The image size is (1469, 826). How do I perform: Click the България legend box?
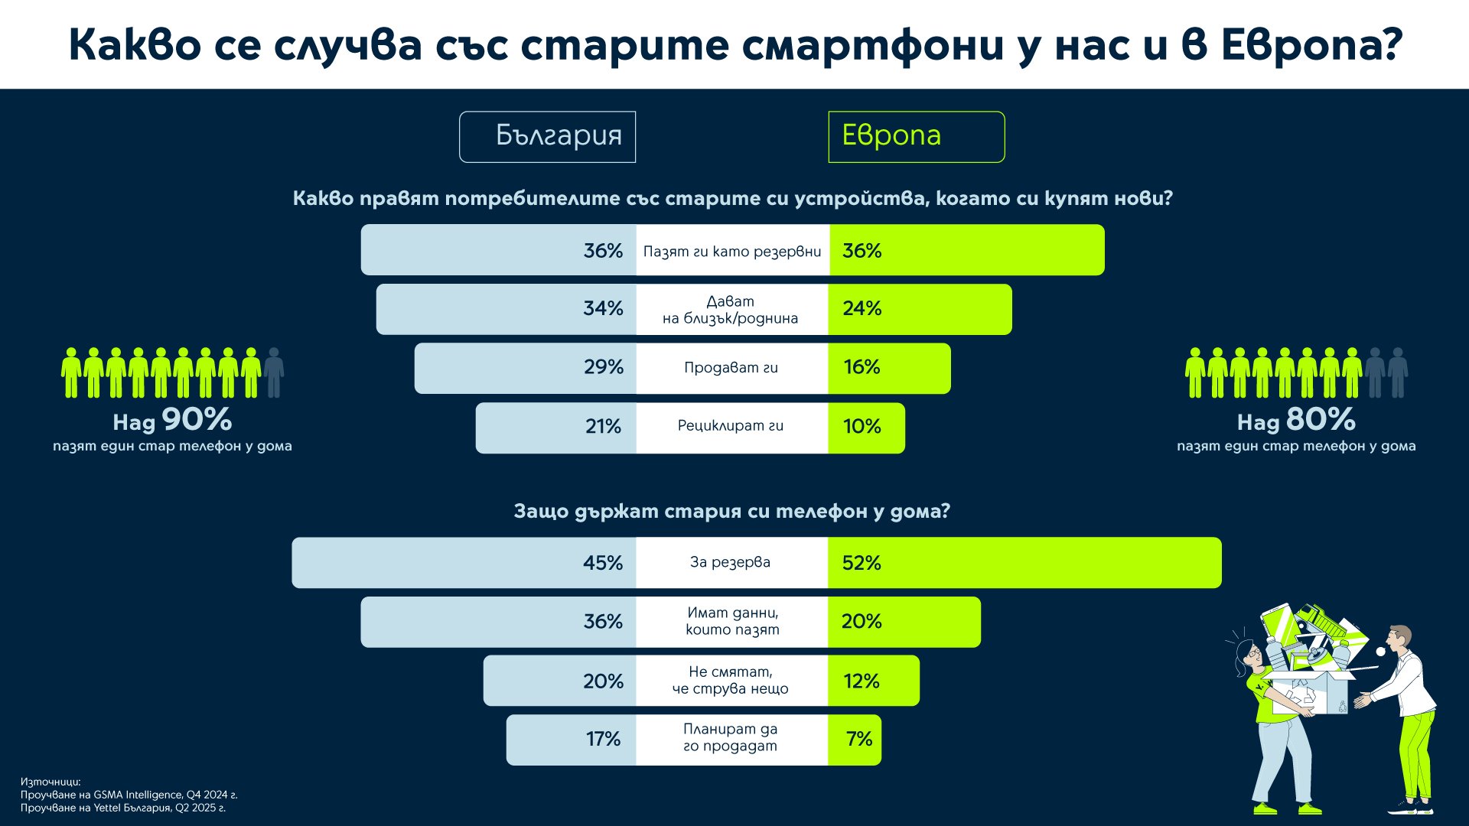point(547,137)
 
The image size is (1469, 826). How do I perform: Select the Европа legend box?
point(916,137)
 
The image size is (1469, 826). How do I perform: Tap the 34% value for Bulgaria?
point(603,309)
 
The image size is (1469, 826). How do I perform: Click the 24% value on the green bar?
point(862,309)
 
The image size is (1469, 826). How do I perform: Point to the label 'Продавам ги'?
point(731,368)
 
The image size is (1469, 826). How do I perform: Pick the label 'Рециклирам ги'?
point(731,426)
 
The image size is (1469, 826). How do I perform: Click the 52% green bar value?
point(862,564)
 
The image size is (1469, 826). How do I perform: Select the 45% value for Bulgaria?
point(603,564)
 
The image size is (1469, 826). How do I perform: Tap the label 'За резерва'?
point(731,563)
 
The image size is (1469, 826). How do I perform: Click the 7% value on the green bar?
point(859,740)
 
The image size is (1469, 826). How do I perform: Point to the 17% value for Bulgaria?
point(603,740)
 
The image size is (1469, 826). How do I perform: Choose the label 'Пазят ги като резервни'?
point(732,252)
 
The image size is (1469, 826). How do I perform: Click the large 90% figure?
point(197,420)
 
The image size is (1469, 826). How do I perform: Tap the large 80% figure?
point(1321,420)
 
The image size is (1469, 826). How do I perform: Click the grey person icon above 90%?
point(274,372)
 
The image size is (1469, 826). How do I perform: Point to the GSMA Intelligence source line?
point(129,795)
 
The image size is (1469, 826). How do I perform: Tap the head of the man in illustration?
point(1400,639)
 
